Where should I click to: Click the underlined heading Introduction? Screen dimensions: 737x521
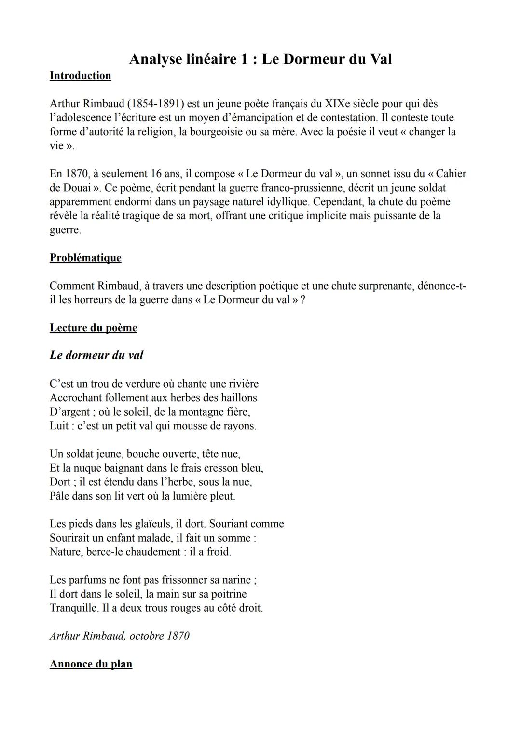click(80, 76)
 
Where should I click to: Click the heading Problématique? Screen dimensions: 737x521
click(85, 258)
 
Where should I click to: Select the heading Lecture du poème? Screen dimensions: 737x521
click(93, 328)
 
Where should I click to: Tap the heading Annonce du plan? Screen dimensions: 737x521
click(91, 664)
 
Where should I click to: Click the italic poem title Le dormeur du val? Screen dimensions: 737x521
click(96, 355)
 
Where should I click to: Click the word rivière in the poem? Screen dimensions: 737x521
click(241, 384)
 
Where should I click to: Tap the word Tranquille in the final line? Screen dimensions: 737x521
click(73, 608)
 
